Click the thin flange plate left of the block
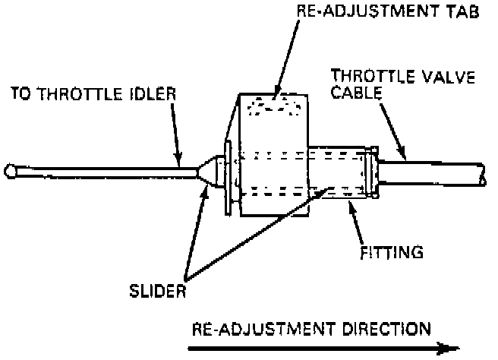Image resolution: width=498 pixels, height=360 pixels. coord(227,177)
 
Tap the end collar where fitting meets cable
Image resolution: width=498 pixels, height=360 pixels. coord(370,174)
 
